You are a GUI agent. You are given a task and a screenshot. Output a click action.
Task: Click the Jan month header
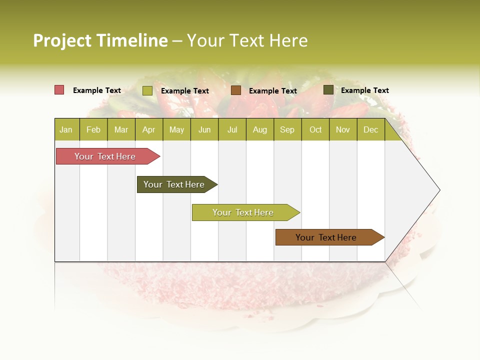tap(66, 129)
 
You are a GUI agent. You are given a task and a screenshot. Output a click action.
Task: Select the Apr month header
tap(148, 129)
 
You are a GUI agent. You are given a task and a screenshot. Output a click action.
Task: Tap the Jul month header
tap(232, 129)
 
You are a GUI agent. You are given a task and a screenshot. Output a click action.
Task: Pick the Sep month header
tap(287, 129)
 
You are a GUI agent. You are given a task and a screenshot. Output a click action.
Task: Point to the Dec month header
tap(370, 129)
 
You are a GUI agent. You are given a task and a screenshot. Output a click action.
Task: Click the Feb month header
tap(93, 129)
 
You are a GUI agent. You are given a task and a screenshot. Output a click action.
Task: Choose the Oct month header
tap(315, 129)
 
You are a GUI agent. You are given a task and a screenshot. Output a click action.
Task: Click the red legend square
tap(59, 90)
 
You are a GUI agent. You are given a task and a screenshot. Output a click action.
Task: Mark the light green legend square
tap(147, 90)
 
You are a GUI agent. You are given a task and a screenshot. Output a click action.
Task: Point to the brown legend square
tap(236, 90)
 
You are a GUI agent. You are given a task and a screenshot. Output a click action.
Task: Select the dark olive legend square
tap(328, 90)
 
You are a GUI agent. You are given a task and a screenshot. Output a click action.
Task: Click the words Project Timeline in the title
tap(100, 40)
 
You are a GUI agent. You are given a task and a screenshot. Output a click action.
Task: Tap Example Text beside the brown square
tap(272, 91)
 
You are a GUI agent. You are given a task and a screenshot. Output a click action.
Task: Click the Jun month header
tap(204, 129)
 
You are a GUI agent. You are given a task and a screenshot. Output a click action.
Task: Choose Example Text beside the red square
tap(97, 90)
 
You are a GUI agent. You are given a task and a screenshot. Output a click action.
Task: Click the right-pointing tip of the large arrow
tap(438, 190)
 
